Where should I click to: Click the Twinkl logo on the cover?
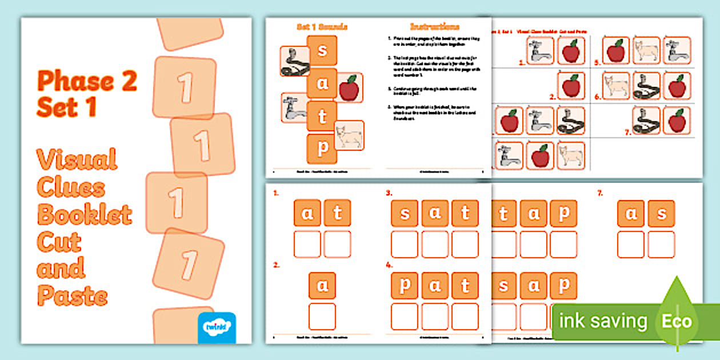pyautogui.click(x=217, y=327)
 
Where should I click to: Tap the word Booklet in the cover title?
pyautogui.click(x=85, y=214)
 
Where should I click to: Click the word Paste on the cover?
pyautogui.click(x=72, y=296)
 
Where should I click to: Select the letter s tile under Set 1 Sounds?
pyautogui.click(x=322, y=50)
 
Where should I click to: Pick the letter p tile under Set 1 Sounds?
pyautogui.click(x=322, y=149)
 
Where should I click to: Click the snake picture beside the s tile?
pyautogui.click(x=295, y=61)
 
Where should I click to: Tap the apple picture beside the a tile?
pyautogui.click(x=349, y=88)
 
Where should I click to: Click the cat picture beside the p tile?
pyautogui.click(x=349, y=135)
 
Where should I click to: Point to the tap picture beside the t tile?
pyautogui.click(x=295, y=108)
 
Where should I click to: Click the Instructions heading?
pyautogui.click(x=434, y=27)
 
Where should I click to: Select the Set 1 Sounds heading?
pyautogui.click(x=322, y=27)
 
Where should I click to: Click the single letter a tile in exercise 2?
pyautogui.click(x=322, y=286)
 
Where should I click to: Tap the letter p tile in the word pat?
pyautogui.click(x=405, y=286)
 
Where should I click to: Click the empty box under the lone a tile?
pyautogui.click(x=322, y=316)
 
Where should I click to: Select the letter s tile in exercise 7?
pyautogui.click(x=661, y=214)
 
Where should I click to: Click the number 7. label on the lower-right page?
pyautogui.click(x=600, y=194)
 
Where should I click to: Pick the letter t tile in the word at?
pyautogui.click(x=337, y=213)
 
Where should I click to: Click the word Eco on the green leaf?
pyautogui.click(x=677, y=321)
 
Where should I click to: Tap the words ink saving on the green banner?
pyautogui.click(x=603, y=321)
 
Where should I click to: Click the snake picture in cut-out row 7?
pyautogui.click(x=646, y=121)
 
